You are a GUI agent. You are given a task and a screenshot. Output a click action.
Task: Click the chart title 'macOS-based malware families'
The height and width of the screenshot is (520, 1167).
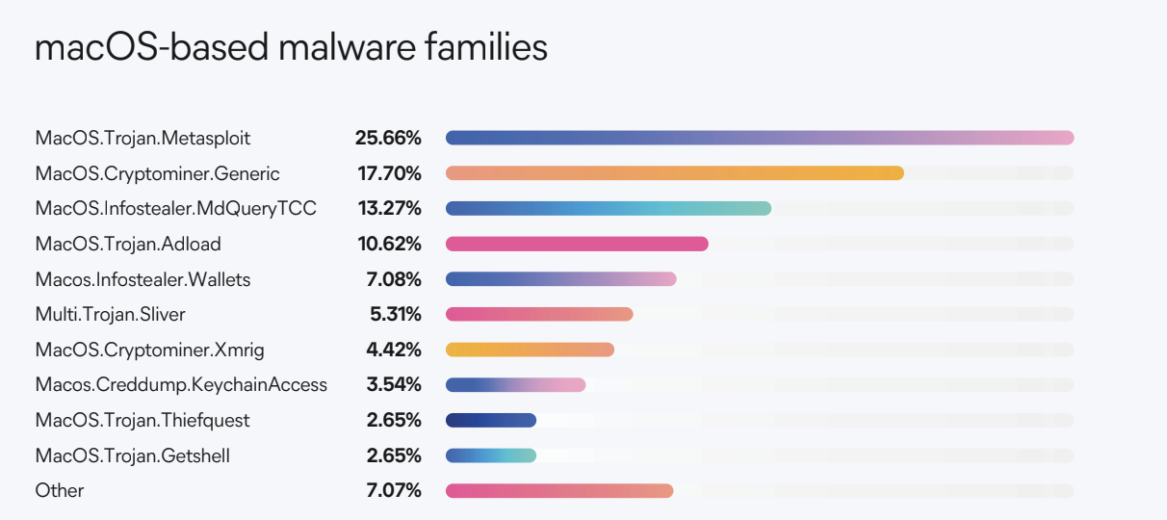[291, 48]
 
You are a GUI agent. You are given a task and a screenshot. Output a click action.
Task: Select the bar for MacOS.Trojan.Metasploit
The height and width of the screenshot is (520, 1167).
[759, 138]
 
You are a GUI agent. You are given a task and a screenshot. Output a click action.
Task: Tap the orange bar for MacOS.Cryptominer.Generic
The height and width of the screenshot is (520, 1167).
[674, 173]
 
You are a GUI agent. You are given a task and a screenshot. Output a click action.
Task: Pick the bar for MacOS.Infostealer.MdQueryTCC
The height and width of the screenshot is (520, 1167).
[608, 208]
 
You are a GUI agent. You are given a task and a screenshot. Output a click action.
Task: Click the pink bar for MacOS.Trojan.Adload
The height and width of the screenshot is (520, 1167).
[577, 244]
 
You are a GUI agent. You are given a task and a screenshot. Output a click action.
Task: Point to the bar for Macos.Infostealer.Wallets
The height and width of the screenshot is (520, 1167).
[560, 279]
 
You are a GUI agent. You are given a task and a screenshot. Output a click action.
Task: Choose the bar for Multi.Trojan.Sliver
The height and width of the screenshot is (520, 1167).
[539, 314]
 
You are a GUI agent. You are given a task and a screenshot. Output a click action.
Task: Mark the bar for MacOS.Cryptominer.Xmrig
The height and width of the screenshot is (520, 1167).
[530, 350]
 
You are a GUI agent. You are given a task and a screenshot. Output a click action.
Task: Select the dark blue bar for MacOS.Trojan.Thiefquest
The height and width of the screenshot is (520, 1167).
[490, 420]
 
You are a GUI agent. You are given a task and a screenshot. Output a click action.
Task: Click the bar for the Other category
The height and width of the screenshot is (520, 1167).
[558, 491]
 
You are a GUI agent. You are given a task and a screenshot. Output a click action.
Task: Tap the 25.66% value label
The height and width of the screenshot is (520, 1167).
[388, 138]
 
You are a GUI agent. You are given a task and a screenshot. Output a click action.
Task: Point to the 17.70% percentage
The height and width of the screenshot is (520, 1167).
[388, 173]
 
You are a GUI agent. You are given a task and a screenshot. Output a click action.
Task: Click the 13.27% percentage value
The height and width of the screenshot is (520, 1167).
[388, 208]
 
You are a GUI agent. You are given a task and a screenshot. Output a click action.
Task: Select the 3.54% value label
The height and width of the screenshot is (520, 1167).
[393, 385]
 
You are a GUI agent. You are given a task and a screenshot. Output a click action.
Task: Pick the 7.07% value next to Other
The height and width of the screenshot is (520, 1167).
[393, 491]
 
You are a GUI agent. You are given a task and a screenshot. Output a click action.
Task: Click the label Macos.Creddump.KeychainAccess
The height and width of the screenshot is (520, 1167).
[181, 385]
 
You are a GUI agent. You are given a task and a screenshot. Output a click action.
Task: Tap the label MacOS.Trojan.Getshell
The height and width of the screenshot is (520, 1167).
[132, 455]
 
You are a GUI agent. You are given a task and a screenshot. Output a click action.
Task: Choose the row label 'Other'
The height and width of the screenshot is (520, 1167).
[60, 491]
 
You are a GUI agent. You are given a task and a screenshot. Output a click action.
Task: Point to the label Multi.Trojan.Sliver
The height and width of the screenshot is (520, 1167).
[111, 314]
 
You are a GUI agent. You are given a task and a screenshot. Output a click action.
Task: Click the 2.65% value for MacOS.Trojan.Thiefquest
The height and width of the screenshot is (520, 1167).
[393, 420]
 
